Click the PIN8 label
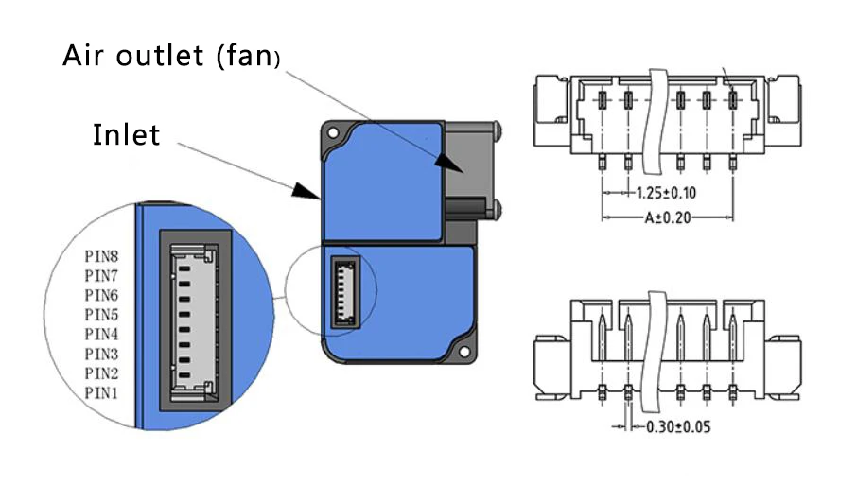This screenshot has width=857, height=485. coord(102,254)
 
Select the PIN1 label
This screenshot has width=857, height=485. coord(102,392)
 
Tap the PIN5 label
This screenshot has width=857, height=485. coord(102,314)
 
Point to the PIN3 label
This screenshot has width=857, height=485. coord(102,354)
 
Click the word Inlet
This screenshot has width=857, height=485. coord(127,135)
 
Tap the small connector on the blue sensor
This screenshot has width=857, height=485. coord(345,293)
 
